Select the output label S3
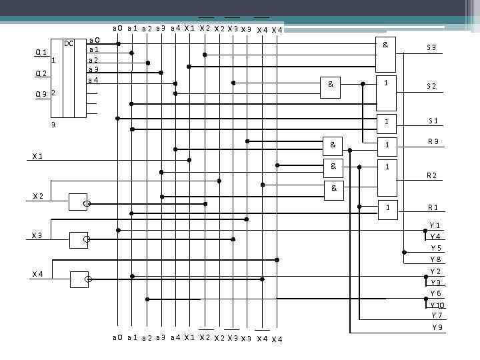(431, 48)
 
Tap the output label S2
(431, 86)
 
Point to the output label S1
(433, 121)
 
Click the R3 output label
(433, 141)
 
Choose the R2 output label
(432, 176)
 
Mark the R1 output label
(433, 207)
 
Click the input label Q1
(41, 53)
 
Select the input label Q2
(41, 73)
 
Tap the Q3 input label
(41, 94)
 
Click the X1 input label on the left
(38, 156)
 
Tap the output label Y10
(437, 305)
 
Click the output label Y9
(437, 327)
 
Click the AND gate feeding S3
(385, 53)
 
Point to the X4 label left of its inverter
(38, 274)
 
